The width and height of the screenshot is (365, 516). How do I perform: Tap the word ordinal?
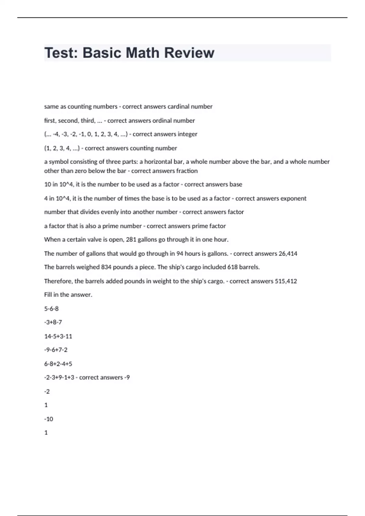[162, 121]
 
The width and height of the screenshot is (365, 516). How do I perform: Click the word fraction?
[187, 171]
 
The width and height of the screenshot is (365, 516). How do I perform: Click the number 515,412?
[286, 281]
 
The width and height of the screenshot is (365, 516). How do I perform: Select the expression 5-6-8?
[51, 309]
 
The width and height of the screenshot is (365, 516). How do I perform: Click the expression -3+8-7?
[53, 322]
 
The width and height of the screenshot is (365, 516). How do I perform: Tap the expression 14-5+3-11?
[58, 336]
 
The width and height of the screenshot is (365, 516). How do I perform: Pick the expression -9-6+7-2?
[56, 350]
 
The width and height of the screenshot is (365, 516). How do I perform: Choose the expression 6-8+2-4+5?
[58, 364]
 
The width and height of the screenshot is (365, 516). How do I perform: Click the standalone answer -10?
[49, 419]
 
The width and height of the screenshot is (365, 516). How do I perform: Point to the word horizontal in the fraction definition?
[158, 162]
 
